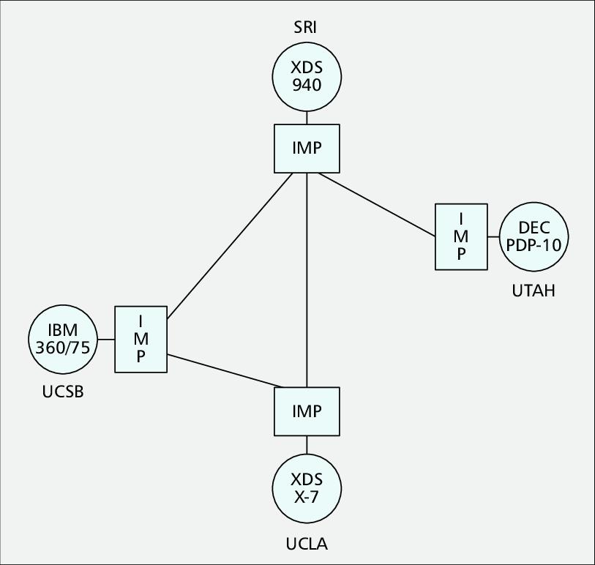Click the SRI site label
click(307, 29)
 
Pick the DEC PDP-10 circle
click(534, 236)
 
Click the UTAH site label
click(534, 291)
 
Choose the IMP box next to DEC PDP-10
click(461, 236)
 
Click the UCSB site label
click(63, 392)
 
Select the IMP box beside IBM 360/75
click(141, 339)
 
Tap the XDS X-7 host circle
click(307, 488)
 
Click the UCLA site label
click(307, 544)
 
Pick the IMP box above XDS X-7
click(307, 411)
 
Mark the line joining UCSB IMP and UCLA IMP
click(223, 370)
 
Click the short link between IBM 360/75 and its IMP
click(106, 340)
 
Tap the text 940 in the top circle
click(307, 85)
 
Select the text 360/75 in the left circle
click(62, 348)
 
